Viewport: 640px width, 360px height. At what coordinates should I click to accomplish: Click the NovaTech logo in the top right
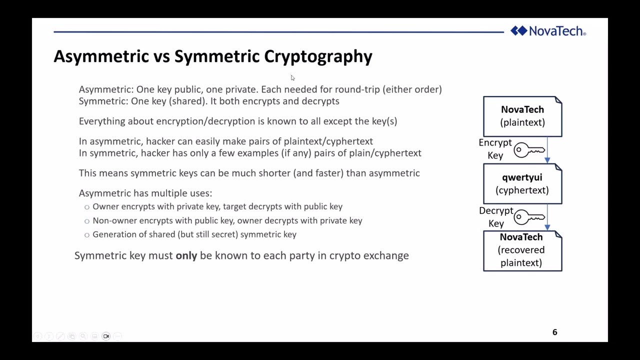548,31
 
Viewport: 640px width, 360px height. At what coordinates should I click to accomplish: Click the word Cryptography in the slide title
318,56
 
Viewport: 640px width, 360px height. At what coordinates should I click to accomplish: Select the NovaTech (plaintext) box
522,116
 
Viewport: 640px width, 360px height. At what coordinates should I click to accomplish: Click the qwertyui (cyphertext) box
522,184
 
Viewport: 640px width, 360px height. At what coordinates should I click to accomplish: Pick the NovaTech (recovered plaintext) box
522,250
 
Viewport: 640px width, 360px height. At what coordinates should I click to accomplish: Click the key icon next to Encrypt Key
529,149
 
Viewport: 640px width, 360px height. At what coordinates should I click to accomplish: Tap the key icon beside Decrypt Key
529,217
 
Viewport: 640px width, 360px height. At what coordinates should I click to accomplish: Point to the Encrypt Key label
495,149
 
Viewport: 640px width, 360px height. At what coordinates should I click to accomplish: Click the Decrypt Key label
495,217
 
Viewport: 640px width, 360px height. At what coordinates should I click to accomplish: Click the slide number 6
554,332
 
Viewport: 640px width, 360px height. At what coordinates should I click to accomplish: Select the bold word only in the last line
186,255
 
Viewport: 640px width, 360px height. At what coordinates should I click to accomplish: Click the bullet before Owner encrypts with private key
87,207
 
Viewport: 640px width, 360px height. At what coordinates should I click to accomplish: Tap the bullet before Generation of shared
87,235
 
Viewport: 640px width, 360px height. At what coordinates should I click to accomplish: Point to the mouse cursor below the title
292,77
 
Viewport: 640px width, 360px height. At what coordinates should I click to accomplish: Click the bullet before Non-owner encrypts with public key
87,221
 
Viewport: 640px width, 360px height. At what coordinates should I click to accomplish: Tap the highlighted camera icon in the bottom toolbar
106,336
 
